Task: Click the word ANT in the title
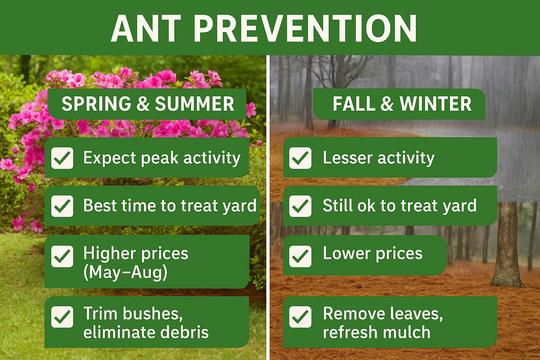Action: pos(146,29)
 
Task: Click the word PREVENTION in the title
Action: pos(305,29)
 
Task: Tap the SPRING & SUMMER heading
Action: pos(148,104)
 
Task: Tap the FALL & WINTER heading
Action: pos(402,104)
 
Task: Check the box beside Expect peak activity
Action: pos(62,158)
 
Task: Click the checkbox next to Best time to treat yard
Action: pos(62,206)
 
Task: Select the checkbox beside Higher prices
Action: pos(62,256)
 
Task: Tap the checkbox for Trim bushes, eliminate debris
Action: pos(62,317)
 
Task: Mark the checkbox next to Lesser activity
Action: pos(300,158)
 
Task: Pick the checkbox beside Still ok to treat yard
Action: pos(300,206)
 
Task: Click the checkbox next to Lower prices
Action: pos(300,256)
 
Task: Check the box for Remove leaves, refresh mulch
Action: pos(300,317)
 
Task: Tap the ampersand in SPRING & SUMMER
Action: pos(143,104)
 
